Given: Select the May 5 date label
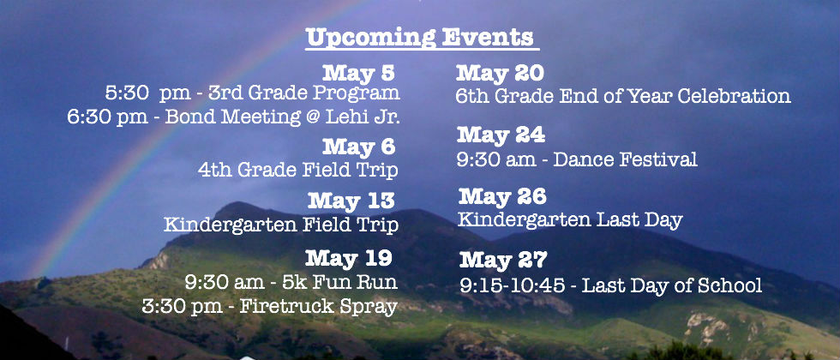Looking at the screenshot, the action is pyautogui.click(x=358, y=74).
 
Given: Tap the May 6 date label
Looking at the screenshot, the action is pyautogui.click(x=358, y=147).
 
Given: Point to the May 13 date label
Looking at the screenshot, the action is pyautogui.click(x=351, y=201).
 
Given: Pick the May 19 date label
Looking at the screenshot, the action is pyautogui.click(x=349, y=259).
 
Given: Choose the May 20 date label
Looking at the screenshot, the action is pyautogui.click(x=500, y=74).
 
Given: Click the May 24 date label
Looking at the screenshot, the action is pyautogui.click(x=501, y=135).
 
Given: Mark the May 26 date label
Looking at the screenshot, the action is pyautogui.click(x=502, y=196).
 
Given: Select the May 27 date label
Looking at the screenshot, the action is pyautogui.click(x=504, y=261).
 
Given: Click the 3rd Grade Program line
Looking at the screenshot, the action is pyautogui.click(x=252, y=93).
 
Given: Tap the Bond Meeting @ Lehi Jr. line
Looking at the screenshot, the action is pyautogui.click(x=233, y=117).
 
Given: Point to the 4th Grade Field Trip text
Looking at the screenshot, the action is pyautogui.click(x=298, y=171).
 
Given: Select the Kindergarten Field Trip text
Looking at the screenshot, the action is pyautogui.click(x=281, y=225).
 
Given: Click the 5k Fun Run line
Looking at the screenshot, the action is pyautogui.click(x=291, y=282).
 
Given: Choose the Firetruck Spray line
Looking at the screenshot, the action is pyautogui.click(x=269, y=307).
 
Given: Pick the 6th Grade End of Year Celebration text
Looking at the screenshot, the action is pyautogui.click(x=623, y=96).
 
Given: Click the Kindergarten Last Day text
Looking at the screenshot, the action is pyautogui.click(x=570, y=219).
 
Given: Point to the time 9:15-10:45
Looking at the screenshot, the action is pyautogui.click(x=513, y=285).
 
